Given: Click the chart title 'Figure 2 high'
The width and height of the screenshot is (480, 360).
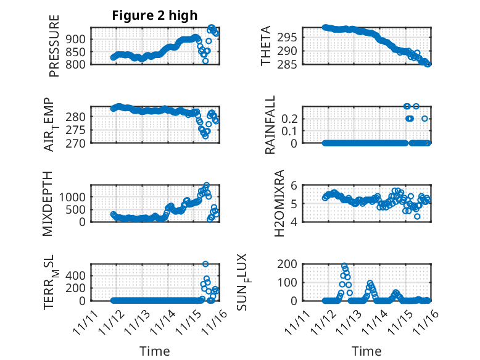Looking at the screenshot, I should pyautogui.click(x=154, y=15).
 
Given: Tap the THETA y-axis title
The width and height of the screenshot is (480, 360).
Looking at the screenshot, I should pyautogui.click(x=267, y=46).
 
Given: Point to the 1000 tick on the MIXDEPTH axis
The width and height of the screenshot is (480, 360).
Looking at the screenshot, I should pyautogui.click(x=75, y=196).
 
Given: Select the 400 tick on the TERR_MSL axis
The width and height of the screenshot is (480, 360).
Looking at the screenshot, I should pyautogui.click(x=78, y=276).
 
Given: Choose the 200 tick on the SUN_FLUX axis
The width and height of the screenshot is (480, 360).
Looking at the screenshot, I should pyautogui.click(x=291, y=264).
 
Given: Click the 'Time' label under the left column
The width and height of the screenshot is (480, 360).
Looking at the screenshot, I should pyautogui.click(x=154, y=351).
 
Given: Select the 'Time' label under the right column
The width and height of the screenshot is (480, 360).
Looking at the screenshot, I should pyautogui.click(x=366, y=351).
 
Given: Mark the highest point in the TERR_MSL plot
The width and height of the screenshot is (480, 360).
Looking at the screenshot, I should pyautogui.click(x=205, y=264).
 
